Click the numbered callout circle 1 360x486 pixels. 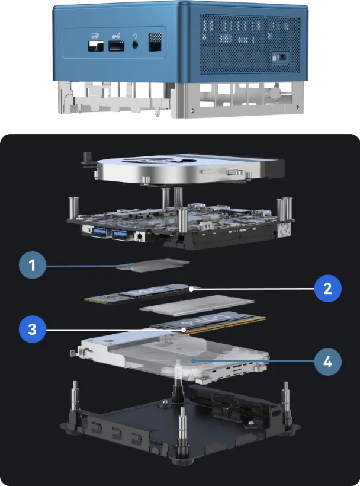click(x=32, y=266)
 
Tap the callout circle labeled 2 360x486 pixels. click(x=327, y=289)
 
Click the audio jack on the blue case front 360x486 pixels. click(x=136, y=44)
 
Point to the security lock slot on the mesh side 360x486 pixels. click(x=277, y=57)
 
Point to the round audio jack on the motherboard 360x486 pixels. click(x=140, y=236)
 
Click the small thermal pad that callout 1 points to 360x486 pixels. click(x=153, y=266)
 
